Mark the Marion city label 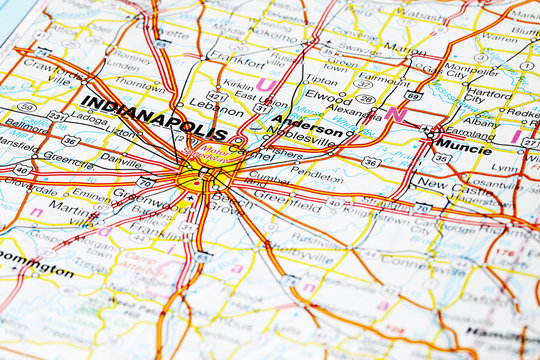(404, 48)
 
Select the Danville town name (120, 159)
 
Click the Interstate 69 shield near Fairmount (414, 96)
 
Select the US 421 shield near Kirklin (214, 96)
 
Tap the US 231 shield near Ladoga (59, 116)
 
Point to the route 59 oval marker (27, 107)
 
